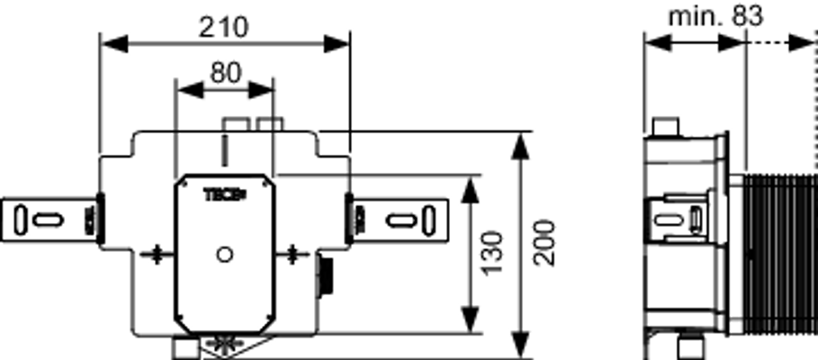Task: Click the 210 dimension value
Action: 223,27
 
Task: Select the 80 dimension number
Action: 226,73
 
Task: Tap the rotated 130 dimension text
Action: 492,253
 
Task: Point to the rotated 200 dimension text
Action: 544,244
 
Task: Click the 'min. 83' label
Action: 715,16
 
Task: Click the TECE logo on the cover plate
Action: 224,195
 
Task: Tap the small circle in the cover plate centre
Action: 225,255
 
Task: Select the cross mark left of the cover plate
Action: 156,255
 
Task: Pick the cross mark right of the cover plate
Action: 292,255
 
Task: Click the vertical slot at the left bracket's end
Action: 20,220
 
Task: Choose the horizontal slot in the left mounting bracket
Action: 48,220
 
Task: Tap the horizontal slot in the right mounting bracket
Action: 400,220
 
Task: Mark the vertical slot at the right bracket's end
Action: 429,220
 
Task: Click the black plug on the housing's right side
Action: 325,275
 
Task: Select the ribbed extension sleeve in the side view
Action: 780,255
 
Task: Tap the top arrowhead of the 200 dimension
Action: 520,146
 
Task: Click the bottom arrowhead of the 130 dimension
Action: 471,319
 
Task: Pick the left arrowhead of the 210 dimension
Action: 113,44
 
